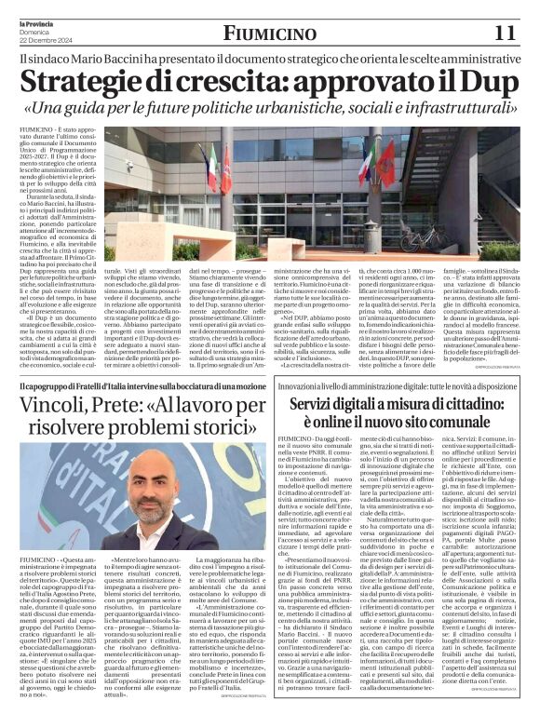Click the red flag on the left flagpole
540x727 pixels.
224,172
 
